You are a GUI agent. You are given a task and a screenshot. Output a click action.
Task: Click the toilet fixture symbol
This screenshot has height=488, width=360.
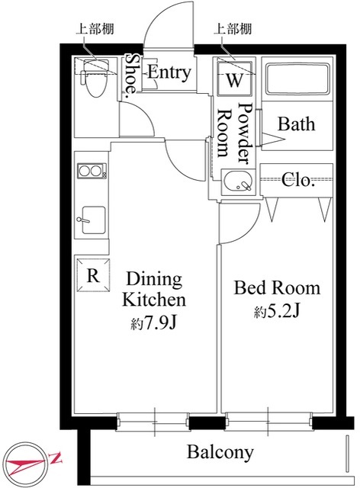pos(95,78)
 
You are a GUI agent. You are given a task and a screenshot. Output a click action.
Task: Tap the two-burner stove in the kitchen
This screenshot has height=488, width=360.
pos(92,171)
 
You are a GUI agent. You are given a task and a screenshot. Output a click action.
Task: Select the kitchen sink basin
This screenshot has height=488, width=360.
pos(93,220)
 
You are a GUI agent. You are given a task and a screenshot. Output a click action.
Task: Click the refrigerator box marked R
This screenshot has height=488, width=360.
pos(93,275)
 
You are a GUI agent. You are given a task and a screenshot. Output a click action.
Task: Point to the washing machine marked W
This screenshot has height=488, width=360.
pos(234,79)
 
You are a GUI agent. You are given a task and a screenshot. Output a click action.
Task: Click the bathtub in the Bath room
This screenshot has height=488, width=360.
pos(297,79)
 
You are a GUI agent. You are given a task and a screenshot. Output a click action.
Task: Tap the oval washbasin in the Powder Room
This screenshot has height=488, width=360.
pos(239,182)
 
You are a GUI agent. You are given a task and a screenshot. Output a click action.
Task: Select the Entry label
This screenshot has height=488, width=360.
pos(169,73)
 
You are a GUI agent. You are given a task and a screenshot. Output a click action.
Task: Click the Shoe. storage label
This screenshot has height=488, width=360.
pos(131,73)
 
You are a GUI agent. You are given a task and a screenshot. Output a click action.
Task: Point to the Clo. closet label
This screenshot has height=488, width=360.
pos(297,180)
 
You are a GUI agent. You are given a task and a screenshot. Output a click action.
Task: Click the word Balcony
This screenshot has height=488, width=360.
pos(220,452)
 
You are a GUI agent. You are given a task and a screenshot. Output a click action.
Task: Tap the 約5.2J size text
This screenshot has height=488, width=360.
pos(277,312)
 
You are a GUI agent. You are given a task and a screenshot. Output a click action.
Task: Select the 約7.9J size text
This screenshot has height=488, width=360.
pos(153,323)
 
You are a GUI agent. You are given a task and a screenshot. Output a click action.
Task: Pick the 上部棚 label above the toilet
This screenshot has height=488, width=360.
pos(95,29)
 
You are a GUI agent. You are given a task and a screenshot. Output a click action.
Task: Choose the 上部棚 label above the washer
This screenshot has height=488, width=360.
pos(233,29)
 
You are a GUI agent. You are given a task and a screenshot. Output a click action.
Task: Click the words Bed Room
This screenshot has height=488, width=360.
pos(277,288)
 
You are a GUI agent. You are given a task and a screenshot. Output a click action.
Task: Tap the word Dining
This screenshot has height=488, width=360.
pos(154,280)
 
